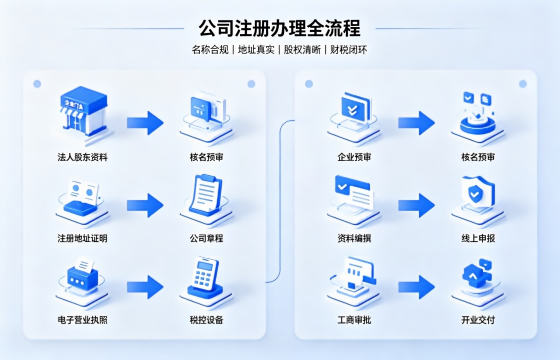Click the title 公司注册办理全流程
coord(280,28)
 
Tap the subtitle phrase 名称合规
coord(210,50)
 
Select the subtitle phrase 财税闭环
coord(349,50)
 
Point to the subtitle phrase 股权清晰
coord(302,50)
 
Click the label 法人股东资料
coord(82,157)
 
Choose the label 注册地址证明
coord(82,238)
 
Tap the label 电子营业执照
coord(82,320)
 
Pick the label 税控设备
coord(206,320)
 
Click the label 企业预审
coord(354,157)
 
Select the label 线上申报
coord(478,238)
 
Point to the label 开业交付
coord(478,320)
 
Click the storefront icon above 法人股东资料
coord(84,111)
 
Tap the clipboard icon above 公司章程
coord(206,195)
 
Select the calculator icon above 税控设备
coord(205,278)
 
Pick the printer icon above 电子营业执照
coord(82,276)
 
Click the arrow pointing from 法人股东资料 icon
coord(145,123)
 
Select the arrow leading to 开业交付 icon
coord(417,287)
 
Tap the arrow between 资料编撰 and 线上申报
coord(417,205)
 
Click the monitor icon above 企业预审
coord(354,109)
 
